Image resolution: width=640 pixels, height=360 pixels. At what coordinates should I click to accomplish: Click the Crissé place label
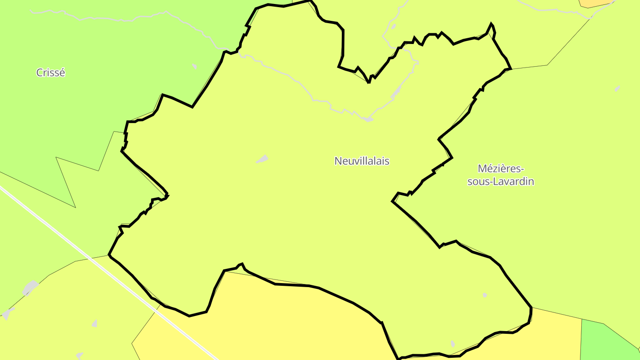coord(50,72)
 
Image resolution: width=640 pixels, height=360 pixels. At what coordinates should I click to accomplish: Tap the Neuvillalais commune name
coord(362,161)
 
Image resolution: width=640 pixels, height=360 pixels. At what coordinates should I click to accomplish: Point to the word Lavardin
coord(515,182)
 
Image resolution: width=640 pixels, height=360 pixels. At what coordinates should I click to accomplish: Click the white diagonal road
coord(111,274)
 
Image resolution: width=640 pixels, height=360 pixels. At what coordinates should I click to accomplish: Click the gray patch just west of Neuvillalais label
coord(263,159)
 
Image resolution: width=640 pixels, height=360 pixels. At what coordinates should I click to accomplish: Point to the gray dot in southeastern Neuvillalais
coord(485,295)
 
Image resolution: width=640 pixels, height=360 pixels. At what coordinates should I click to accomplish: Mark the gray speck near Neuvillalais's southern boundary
coord(452,344)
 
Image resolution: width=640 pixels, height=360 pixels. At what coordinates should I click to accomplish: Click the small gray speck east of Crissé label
coord(194,66)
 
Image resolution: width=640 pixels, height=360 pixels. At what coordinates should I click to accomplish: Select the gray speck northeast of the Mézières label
coord(617,88)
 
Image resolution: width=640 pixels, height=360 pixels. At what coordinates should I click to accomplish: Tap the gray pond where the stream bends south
coord(367,119)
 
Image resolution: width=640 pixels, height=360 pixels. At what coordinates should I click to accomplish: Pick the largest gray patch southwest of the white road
coord(30,288)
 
